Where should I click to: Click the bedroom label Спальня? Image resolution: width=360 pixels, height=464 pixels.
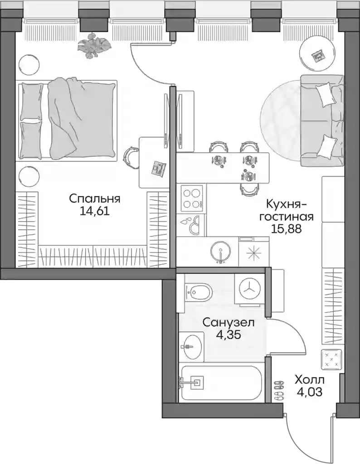[95, 199]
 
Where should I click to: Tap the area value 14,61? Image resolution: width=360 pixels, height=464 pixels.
[95, 211]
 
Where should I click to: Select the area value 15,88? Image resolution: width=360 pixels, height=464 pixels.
[286, 228]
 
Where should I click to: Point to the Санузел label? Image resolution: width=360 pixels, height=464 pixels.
[228, 322]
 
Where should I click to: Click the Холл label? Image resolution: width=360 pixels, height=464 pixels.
[309, 380]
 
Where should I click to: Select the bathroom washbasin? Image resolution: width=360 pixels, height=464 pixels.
[191, 346]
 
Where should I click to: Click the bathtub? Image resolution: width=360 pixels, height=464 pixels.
[222, 383]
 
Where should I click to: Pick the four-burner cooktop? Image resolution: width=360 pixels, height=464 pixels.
[192, 198]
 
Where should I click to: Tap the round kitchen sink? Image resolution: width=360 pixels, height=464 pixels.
[220, 252]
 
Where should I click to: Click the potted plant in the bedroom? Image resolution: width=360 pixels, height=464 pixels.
[94, 45]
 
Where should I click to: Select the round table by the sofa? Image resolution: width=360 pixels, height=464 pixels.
[317, 55]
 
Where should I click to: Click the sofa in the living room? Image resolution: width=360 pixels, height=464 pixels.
[322, 121]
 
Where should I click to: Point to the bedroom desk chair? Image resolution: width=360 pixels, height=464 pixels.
[130, 156]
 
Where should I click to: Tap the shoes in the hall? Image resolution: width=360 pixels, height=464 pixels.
[279, 391]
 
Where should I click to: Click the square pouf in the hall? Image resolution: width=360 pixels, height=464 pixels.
[331, 359]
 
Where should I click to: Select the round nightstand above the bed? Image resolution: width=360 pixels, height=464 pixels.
[29, 64]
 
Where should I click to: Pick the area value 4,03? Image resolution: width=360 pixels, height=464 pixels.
[309, 392]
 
